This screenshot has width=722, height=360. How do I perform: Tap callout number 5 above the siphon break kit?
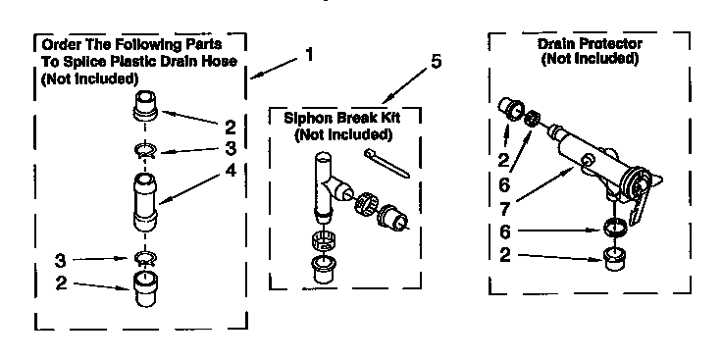coord(436,62)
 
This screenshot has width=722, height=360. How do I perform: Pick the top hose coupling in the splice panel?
coord(145,104)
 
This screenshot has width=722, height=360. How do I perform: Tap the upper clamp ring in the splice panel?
coord(144,150)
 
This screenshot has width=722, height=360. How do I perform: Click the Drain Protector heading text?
coord(590,44)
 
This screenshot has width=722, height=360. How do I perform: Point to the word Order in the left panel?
coord(56,44)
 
